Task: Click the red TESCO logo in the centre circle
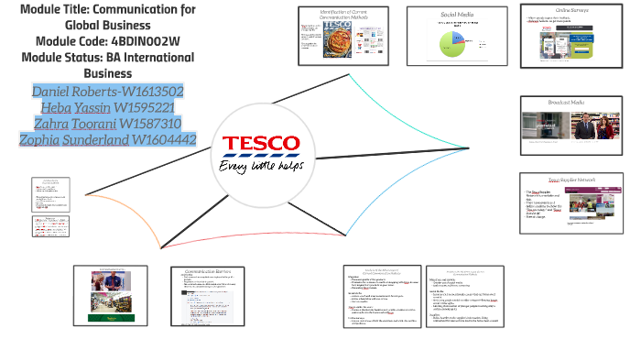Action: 261,143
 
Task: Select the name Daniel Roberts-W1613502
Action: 108,92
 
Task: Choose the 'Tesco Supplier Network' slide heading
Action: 567,180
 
